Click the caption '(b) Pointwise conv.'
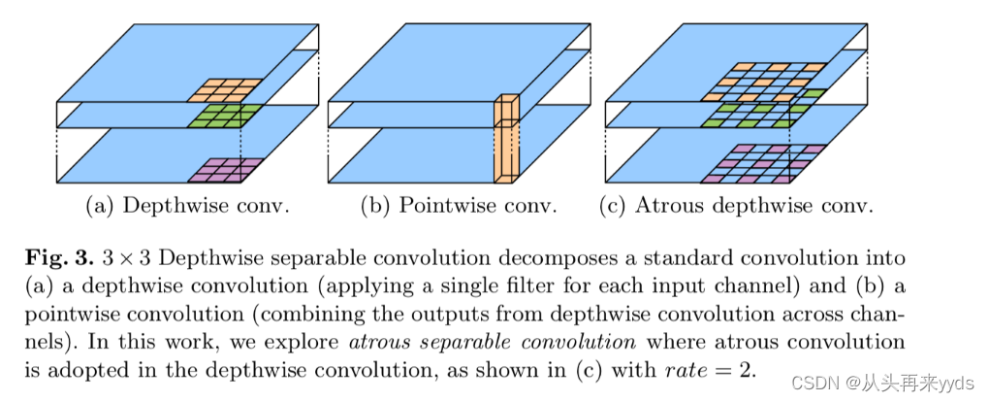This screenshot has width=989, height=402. [x=459, y=207]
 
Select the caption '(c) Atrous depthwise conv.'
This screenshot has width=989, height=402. [x=738, y=207]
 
